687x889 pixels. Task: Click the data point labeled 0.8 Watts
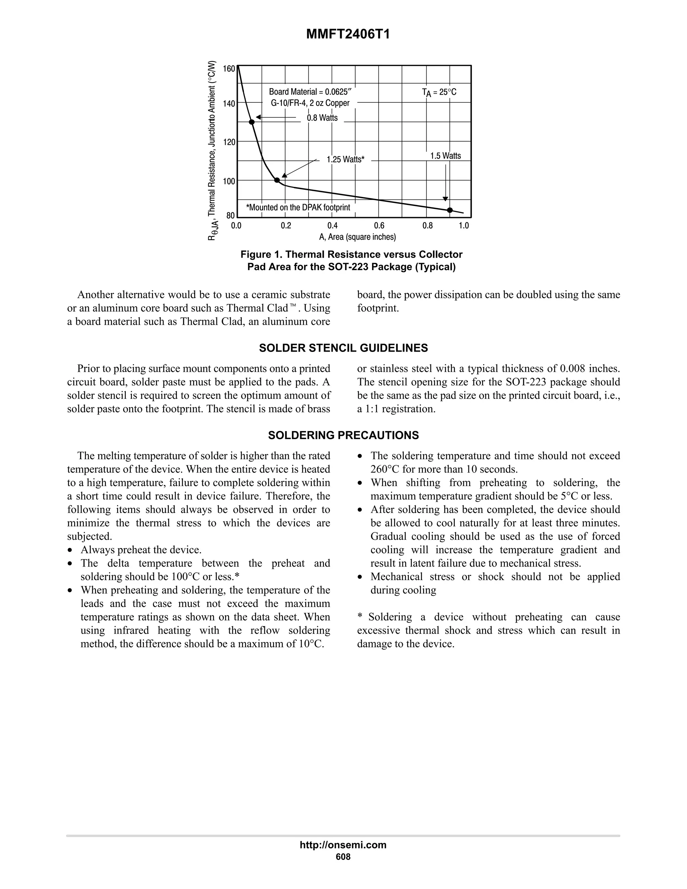(x=252, y=122)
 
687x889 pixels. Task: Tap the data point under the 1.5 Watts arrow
(x=450, y=210)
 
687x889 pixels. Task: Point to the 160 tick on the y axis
(x=229, y=69)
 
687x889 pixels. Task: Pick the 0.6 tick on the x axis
(x=379, y=226)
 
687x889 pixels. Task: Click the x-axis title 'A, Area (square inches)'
(x=357, y=237)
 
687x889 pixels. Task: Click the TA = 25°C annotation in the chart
(x=439, y=92)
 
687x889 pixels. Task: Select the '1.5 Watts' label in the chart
(x=446, y=156)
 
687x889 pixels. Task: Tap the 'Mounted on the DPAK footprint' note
(x=298, y=208)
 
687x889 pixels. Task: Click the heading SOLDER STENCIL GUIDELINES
(x=343, y=348)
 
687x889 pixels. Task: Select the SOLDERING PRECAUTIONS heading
(x=343, y=435)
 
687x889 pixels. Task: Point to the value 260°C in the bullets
(x=385, y=469)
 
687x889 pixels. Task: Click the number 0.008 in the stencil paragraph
(x=572, y=369)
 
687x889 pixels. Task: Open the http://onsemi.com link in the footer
(x=343, y=845)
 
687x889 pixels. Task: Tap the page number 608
(x=343, y=857)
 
